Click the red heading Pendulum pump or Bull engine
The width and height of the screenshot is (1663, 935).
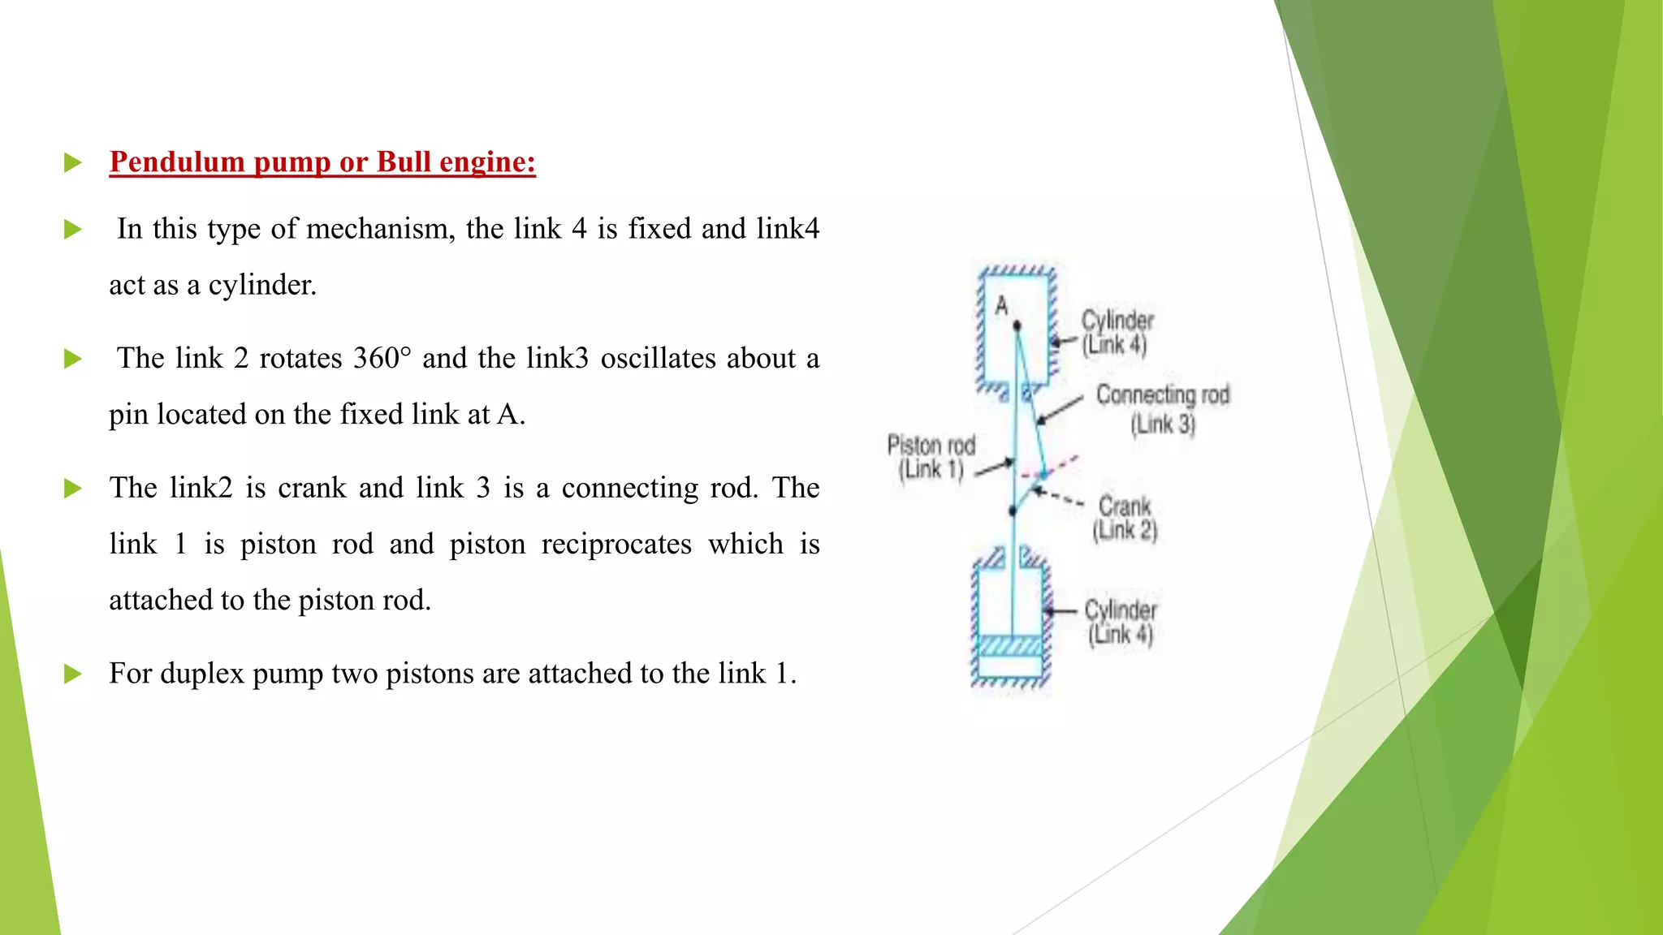pyautogui.click(x=322, y=162)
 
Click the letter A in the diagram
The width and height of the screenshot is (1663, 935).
pyautogui.click(x=1001, y=306)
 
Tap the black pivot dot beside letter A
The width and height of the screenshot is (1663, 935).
pyautogui.click(x=1017, y=325)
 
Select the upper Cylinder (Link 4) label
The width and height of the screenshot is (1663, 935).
pyautogui.click(x=1117, y=332)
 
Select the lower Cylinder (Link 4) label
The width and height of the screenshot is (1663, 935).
pyautogui.click(x=1121, y=622)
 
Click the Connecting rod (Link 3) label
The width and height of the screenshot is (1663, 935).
pyautogui.click(x=1163, y=408)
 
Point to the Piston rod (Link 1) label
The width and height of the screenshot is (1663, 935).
pyautogui.click(x=931, y=457)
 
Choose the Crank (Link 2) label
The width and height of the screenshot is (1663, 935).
pyautogui.click(x=1125, y=518)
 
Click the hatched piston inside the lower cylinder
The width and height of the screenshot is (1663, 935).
pyautogui.click(x=1010, y=645)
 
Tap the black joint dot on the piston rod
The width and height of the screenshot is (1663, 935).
pyautogui.click(x=1013, y=511)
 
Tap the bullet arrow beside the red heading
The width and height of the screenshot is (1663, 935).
pyautogui.click(x=73, y=162)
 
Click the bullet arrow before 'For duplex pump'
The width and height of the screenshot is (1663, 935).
pyautogui.click(x=73, y=674)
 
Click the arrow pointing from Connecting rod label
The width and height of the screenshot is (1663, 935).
pyautogui.click(x=1060, y=411)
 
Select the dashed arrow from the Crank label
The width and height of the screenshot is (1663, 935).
pyautogui.click(x=1057, y=497)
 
